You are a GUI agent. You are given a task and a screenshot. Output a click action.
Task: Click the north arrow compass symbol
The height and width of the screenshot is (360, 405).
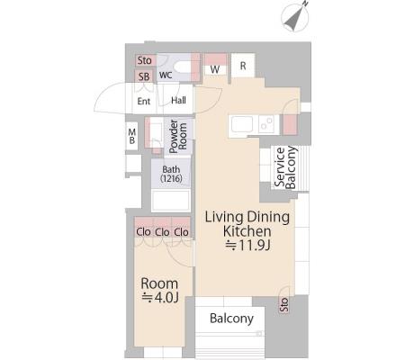pyautogui.click(x=295, y=16)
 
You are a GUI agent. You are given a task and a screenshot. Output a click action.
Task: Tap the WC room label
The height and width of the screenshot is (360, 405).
pyautogui.click(x=166, y=75)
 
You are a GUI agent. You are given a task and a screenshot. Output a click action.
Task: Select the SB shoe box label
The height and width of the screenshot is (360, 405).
pyautogui.click(x=144, y=76)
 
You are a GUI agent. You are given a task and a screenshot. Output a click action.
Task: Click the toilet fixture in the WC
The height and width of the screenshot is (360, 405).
pyautogui.click(x=182, y=67)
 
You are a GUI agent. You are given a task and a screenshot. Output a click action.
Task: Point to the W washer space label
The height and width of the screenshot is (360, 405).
pyautogui.click(x=215, y=69)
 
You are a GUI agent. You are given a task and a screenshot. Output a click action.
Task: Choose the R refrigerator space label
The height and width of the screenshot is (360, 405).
pyautogui.click(x=243, y=66)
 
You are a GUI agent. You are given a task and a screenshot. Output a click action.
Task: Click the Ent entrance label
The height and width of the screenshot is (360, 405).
pyautogui.click(x=144, y=101)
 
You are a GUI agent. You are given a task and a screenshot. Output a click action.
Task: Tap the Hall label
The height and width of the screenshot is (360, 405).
pyautogui.click(x=178, y=100)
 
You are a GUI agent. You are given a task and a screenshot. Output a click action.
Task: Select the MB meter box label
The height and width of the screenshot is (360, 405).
pyautogui.click(x=132, y=136)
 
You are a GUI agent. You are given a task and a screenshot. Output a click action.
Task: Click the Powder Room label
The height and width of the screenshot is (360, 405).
pyautogui.click(x=178, y=137)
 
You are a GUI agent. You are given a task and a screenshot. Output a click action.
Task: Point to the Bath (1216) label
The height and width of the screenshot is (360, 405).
pyautogui.click(x=171, y=174)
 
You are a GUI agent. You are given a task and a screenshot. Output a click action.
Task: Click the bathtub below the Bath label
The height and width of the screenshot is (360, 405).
pyautogui.click(x=171, y=201)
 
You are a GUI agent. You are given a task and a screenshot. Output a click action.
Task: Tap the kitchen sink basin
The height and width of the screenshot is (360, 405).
pyautogui.click(x=242, y=124)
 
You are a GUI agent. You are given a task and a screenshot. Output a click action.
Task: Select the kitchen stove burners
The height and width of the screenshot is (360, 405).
pyautogui.click(x=266, y=124)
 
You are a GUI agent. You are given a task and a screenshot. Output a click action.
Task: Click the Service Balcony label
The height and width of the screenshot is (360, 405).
pyautogui.click(x=285, y=167)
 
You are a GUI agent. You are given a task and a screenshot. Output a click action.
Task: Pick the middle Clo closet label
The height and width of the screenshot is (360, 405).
pyautogui.click(x=162, y=232)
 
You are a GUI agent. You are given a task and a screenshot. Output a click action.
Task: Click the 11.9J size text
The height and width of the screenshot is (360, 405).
pyautogui.click(x=248, y=246)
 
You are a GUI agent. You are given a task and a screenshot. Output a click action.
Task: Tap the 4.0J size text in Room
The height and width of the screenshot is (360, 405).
pyautogui.click(x=160, y=297)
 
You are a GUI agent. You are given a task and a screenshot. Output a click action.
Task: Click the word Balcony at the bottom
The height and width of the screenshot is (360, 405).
pyautogui.click(x=231, y=319)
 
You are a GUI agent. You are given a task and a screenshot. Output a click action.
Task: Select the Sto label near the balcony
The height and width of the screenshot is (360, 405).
pyautogui.click(x=283, y=305)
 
